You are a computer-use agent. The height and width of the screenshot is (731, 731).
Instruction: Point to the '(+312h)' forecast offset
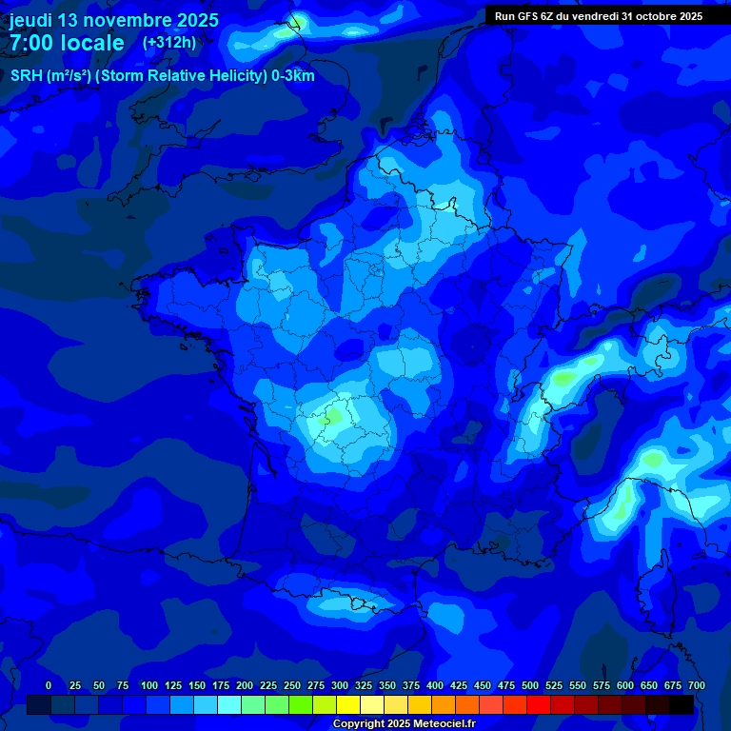pyautogui.click(x=169, y=42)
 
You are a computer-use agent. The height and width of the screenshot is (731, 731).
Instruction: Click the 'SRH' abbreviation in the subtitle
pyautogui.click(x=26, y=76)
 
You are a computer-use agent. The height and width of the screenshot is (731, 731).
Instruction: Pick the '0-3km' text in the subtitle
pyautogui.click(x=292, y=76)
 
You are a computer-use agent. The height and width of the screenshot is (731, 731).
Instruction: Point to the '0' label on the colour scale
pyautogui.click(x=49, y=685)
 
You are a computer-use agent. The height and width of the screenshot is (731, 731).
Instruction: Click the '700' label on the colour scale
pyautogui.click(x=696, y=685)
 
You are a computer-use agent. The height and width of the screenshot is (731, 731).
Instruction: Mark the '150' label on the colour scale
pyautogui.click(x=197, y=685)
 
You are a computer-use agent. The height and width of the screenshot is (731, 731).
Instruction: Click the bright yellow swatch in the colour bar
pyautogui.click(x=348, y=704)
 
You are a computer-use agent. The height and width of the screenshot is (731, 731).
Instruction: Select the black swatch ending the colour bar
pyautogui.click(x=682, y=704)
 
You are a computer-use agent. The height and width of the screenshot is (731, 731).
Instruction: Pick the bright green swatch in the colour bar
pyautogui.click(x=301, y=704)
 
